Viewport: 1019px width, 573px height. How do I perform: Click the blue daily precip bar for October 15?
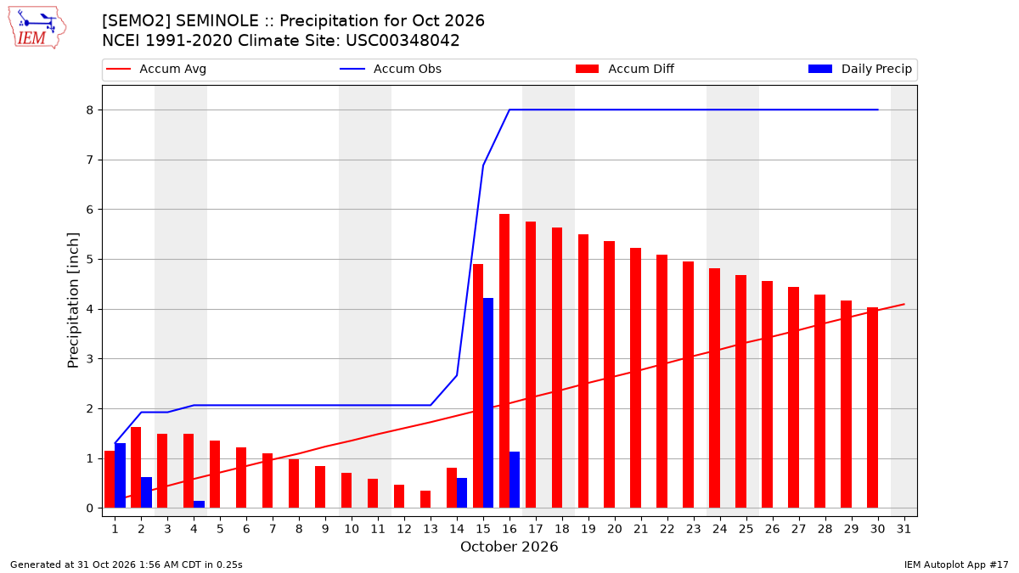point(488,403)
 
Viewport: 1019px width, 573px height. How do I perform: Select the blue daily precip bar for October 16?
point(515,480)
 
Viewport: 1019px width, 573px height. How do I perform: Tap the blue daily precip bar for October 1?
point(120,475)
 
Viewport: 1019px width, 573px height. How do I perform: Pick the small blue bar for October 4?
point(200,504)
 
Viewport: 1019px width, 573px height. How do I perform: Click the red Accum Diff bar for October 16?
point(504,361)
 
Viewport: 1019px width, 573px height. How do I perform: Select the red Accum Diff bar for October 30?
point(873,408)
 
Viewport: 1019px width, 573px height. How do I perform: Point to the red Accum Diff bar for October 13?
point(425,499)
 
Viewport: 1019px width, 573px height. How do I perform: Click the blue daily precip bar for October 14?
point(462,493)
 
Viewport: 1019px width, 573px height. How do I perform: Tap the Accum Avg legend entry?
point(156,69)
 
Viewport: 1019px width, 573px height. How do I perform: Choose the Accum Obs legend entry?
point(391,69)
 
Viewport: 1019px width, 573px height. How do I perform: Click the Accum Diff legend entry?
point(625,69)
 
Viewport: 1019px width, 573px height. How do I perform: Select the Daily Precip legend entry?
point(860,69)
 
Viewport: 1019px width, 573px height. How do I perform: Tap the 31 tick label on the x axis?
point(904,529)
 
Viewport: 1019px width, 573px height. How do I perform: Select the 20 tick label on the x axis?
point(615,529)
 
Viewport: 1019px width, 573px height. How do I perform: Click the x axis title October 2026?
point(509,547)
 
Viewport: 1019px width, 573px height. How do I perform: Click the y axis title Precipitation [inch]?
point(73,301)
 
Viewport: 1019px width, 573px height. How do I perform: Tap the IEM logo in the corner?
point(37,28)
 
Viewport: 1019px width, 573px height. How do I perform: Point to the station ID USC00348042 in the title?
point(403,41)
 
